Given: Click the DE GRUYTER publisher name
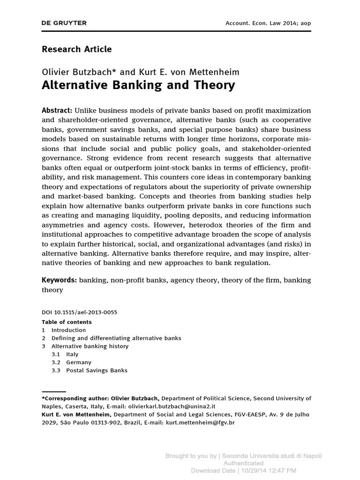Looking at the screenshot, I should point(64,23).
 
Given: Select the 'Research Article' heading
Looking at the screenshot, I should point(77,49).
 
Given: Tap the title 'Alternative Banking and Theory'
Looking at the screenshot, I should point(138,85).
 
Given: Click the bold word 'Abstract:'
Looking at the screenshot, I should point(57,110).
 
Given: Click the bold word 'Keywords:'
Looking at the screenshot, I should point(59,280).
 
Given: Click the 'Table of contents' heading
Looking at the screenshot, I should point(67,322).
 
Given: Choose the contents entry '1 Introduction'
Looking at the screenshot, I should point(68,330).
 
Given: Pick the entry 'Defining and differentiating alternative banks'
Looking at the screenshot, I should point(116,338).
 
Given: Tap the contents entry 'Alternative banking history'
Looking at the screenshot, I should point(90,346).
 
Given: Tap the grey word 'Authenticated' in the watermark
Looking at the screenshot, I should point(243,463).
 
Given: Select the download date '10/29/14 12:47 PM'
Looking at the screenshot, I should point(267,470).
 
